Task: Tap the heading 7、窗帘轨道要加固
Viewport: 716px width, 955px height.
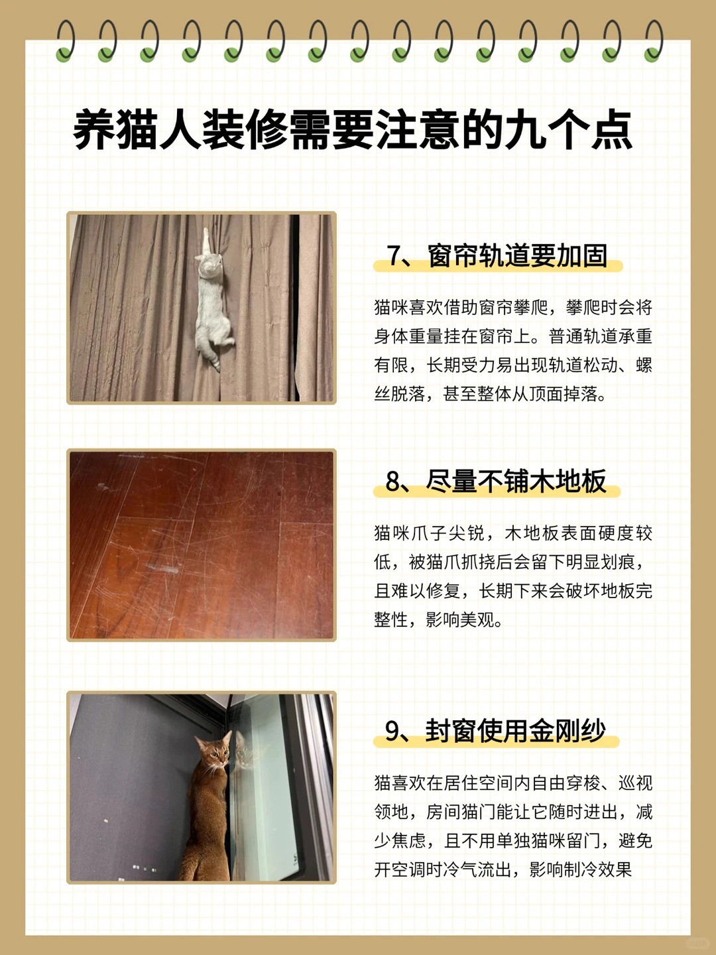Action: tap(497, 256)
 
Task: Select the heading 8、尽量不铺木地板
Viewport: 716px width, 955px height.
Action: tap(496, 481)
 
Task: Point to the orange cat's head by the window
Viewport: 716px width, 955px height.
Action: tap(214, 750)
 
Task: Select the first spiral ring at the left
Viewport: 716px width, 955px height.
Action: tap(65, 41)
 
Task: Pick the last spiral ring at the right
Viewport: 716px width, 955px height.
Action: tap(653, 41)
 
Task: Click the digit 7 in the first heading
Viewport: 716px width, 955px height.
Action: tap(393, 256)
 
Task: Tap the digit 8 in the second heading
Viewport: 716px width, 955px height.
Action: tap(392, 481)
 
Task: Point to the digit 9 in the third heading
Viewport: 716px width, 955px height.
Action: tap(392, 732)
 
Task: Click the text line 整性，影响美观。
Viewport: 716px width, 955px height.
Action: tap(438, 620)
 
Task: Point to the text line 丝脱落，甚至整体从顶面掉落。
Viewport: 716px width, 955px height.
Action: tap(490, 394)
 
